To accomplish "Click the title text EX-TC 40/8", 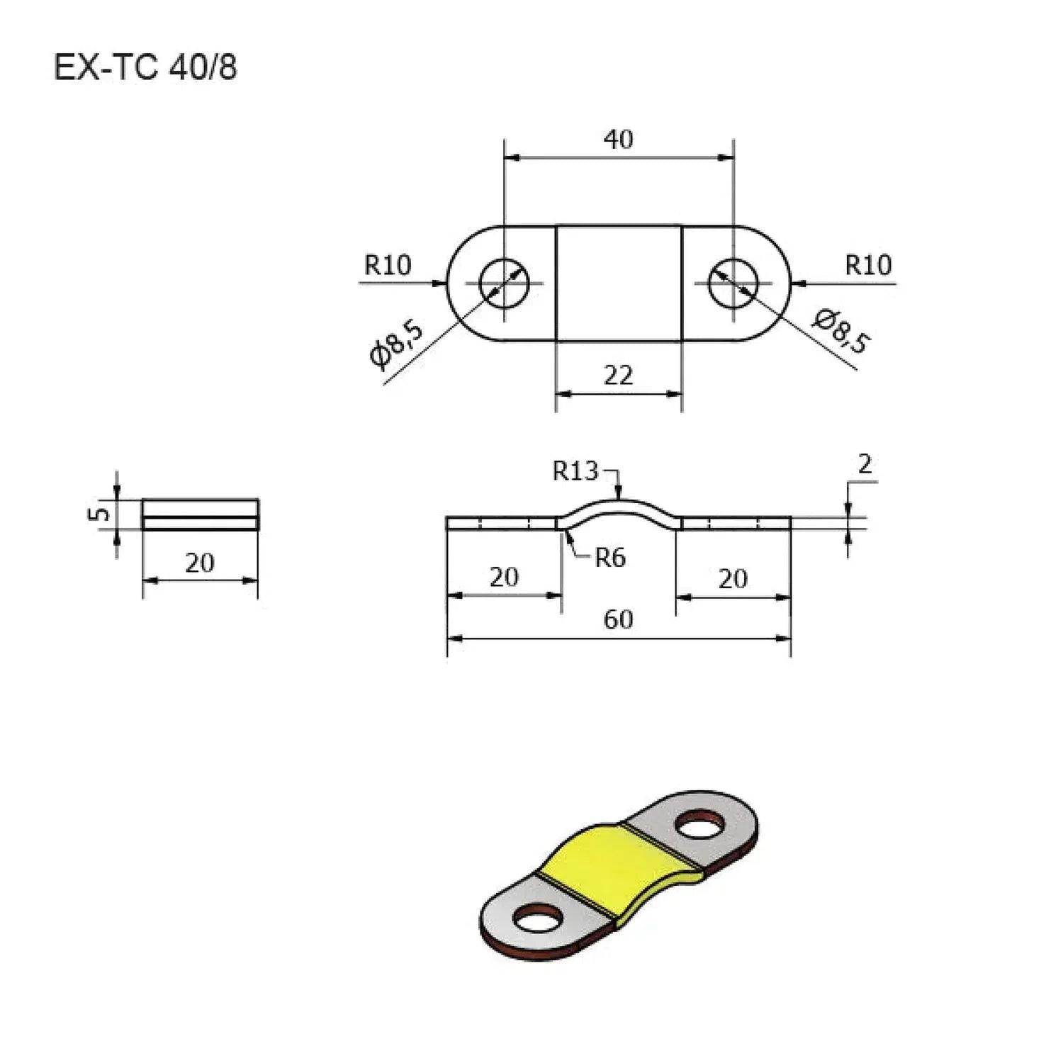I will [145, 68].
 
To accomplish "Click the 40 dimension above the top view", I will [618, 139].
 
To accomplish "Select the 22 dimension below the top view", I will [618, 375].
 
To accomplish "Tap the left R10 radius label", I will [387, 265].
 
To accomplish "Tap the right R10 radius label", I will [868, 265].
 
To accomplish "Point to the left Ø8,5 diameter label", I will [397, 344].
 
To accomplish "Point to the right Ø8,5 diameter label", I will [841, 330].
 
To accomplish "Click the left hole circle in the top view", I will [504, 283].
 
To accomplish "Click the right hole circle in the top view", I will [733, 283].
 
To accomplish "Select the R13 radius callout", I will [575, 471].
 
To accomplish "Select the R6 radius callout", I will [609, 558].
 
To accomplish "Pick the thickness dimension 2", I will [865, 464].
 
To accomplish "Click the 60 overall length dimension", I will [618, 619].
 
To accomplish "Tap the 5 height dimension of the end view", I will [101, 512].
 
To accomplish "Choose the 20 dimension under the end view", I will [199, 563].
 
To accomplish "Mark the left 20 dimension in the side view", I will [504, 578].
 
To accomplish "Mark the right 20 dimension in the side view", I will [733, 579].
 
